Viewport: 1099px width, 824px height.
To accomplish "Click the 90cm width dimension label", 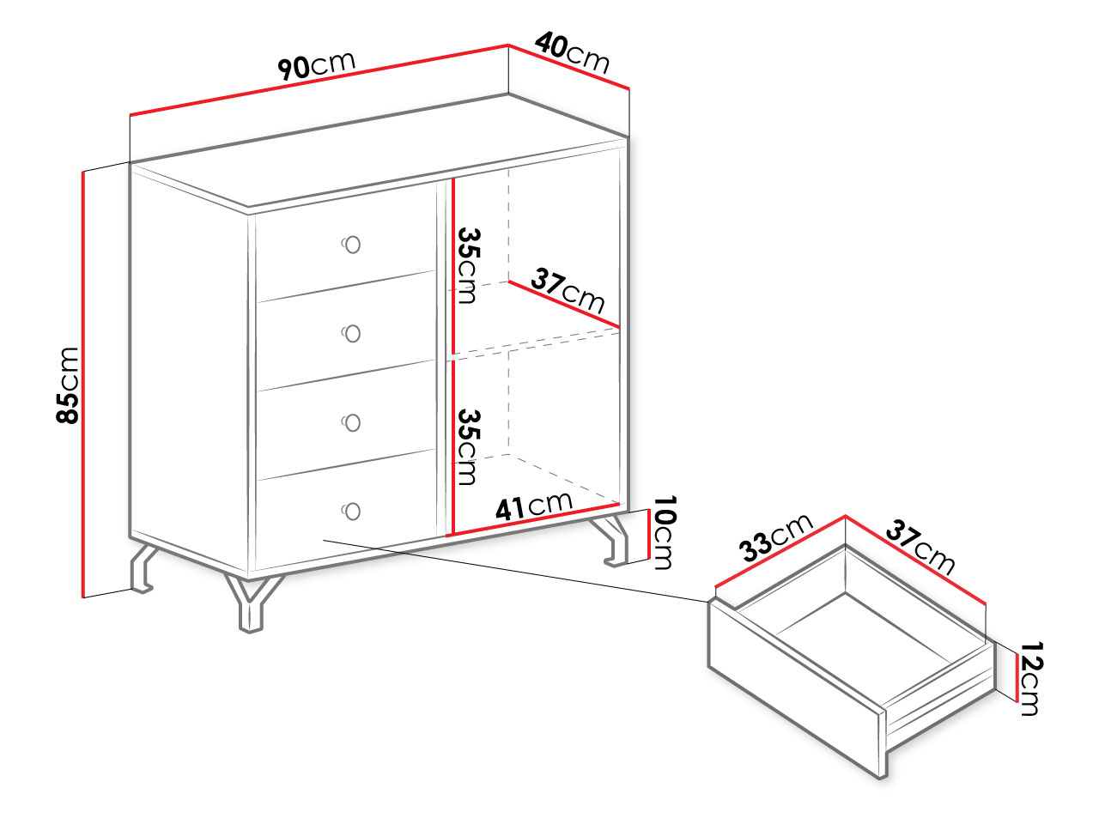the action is coord(317,64).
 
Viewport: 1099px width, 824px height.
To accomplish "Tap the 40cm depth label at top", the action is coord(573,52).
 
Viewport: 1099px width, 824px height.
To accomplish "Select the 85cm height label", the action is coord(68,385).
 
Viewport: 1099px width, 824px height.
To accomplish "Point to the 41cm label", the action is coord(534,506).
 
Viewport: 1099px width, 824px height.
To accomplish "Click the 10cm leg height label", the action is coord(665,532).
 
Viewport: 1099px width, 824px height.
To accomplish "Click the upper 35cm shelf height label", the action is coord(469,266).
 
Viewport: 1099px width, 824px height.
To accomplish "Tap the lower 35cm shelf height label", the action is coord(469,447).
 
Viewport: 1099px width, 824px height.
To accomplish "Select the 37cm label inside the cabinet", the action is coord(568,290).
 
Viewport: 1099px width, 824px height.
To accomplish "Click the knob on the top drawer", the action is coord(351,245).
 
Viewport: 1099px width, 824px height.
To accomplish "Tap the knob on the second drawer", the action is coord(351,334).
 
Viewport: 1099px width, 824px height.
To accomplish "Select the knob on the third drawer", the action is coord(351,423).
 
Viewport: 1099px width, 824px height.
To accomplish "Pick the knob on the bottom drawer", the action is coord(351,512).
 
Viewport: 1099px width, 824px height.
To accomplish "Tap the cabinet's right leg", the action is coord(613,541).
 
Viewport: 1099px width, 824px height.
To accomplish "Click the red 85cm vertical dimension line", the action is coord(83,385).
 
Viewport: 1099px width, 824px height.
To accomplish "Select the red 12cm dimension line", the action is coord(1017,677).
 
